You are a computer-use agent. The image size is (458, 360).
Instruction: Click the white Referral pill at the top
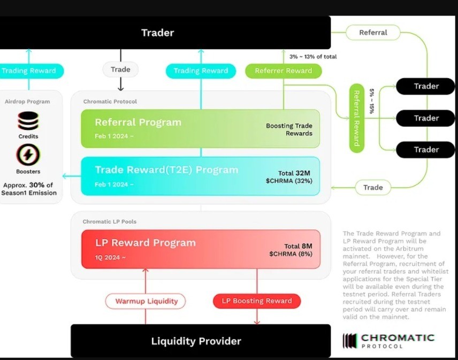[x=373, y=33]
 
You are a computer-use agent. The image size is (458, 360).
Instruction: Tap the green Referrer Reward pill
[x=284, y=71]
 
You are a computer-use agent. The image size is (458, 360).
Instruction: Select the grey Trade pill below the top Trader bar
[x=120, y=70]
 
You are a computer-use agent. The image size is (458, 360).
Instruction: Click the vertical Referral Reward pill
[x=357, y=118]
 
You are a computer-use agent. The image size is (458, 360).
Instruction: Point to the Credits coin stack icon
[x=28, y=121]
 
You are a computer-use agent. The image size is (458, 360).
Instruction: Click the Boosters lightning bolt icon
[x=28, y=155]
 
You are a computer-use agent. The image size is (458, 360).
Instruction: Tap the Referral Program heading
[x=138, y=122]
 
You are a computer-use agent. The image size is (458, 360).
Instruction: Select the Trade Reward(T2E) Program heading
[x=166, y=170]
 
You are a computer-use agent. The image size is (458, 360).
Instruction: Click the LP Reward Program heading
[x=146, y=243]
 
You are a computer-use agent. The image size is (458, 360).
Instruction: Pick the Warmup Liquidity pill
[x=146, y=301]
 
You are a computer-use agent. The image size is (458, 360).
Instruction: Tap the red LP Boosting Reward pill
[x=257, y=301]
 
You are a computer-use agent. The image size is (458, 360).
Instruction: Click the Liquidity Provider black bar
[x=201, y=341]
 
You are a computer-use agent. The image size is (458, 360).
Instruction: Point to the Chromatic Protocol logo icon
[x=349, y=341]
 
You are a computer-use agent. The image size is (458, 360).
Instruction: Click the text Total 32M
[x=294, y=173]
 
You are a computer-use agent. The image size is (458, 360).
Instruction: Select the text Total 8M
[x=298, y=246]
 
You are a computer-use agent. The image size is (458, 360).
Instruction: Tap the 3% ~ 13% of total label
[x=313, y=57]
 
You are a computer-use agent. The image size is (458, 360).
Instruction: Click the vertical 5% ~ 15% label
[x=371, y=101]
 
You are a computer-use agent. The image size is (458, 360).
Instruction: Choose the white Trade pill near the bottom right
[x=373, y=187]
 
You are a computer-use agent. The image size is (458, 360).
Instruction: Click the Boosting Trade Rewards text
[x=289, y=129]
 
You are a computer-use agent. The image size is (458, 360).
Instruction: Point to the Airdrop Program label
[x=27, y=102]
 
